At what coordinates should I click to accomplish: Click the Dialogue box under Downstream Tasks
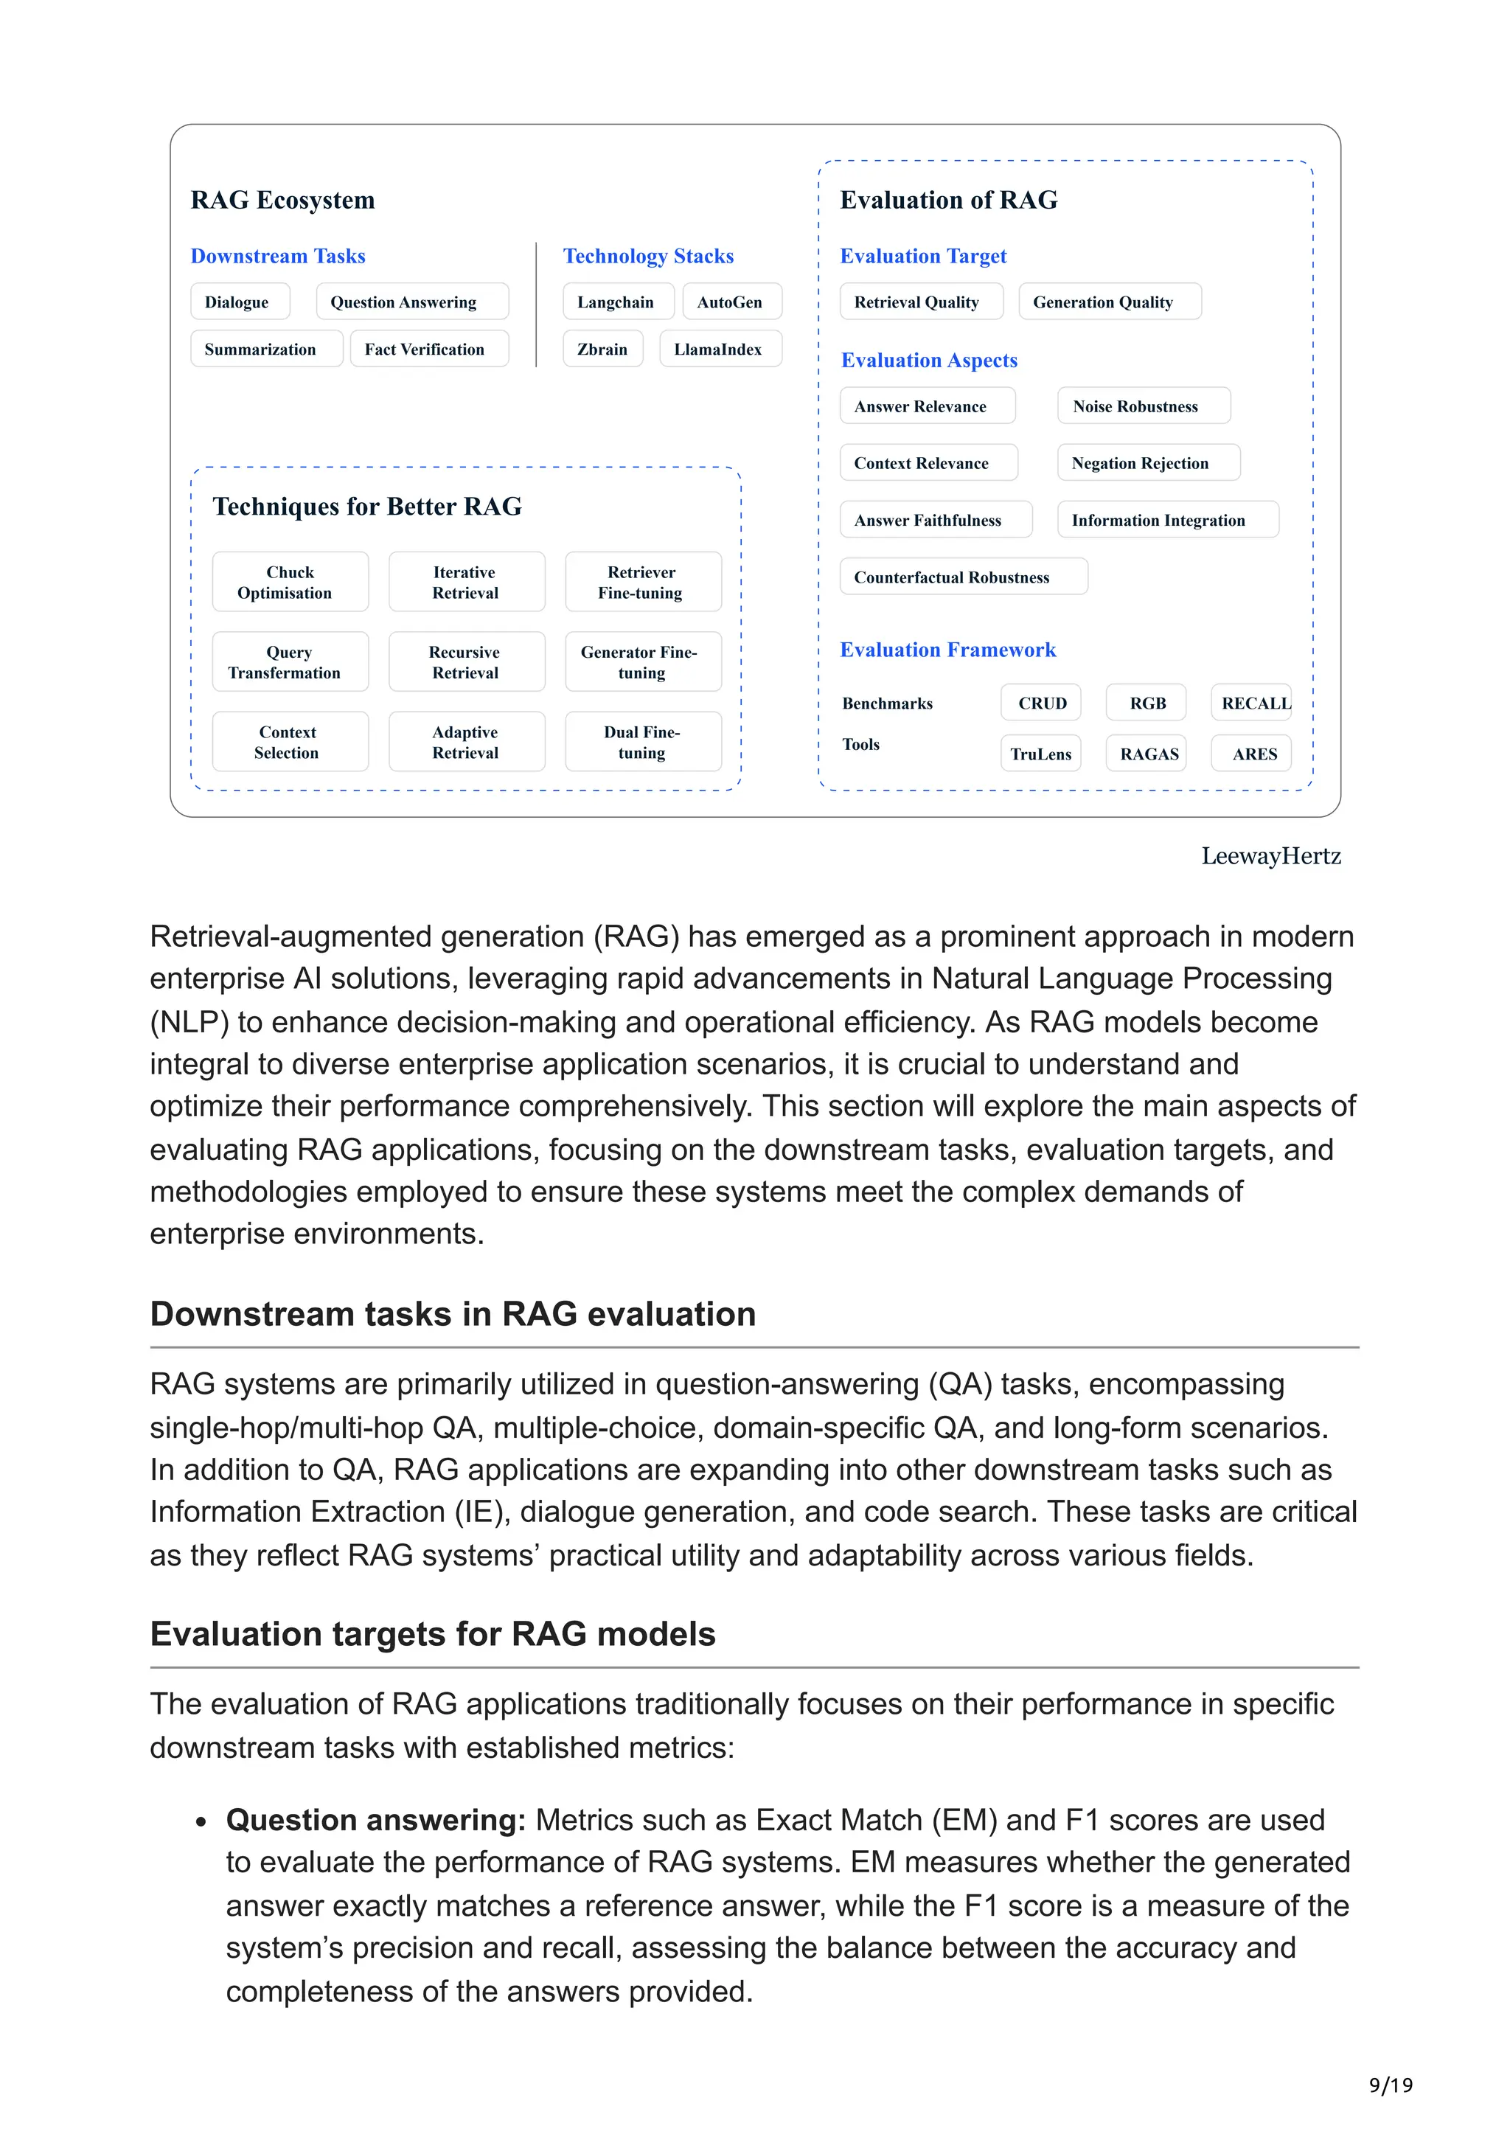[x=239, y=302]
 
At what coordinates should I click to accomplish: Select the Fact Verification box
[x=428, y=349]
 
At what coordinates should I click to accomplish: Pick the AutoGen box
[x=731, y=302]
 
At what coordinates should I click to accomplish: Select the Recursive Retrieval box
[x=466, y=661]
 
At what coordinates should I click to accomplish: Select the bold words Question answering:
[x=376, y=1820]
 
